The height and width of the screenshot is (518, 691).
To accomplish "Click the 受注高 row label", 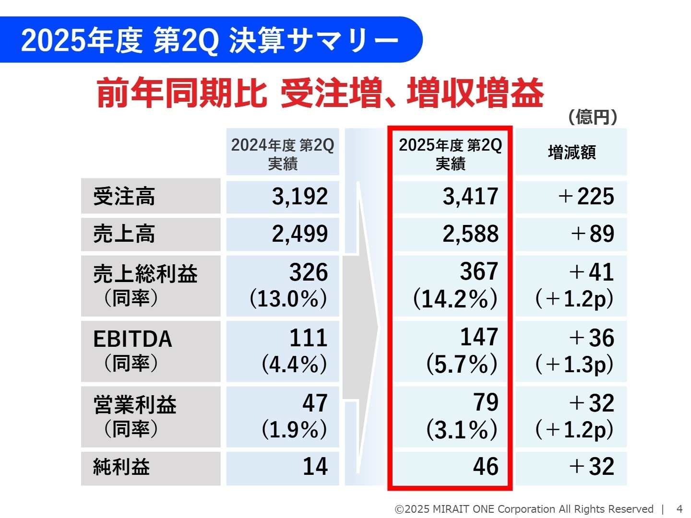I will (x=124, y=197).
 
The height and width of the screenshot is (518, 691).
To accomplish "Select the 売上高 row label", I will (x=124, y=234).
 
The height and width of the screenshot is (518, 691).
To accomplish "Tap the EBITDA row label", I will (x=132, y=339).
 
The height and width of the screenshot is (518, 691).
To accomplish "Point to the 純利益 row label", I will (x=121, y=467).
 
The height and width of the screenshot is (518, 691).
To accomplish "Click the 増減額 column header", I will (x=572, y=153).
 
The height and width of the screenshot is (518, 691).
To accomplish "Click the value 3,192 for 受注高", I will (x=300, y=197).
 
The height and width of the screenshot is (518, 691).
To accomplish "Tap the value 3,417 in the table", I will (x=470, y=197).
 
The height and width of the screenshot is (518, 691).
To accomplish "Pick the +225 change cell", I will (x=586, y=197).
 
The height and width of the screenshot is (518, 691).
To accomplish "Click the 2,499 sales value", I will (x=300, y=234).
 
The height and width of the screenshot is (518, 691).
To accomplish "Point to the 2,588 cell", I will (x=470, y=234).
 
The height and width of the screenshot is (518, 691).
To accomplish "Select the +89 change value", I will (x=592, y=234).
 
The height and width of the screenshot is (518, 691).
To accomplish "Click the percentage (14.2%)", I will (x=455, y=299).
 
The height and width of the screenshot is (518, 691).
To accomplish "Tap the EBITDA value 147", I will (x=479, y=337).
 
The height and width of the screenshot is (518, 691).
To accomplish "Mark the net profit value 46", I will (x=486, y=467).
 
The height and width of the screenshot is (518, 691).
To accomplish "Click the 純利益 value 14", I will (x=315, y=467).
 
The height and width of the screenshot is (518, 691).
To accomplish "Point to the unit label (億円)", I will (x=592, y=117).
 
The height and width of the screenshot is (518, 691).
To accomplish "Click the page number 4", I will (x=679, y=509).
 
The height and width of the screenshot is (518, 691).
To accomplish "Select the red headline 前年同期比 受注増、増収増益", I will (x=320, y=93).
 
